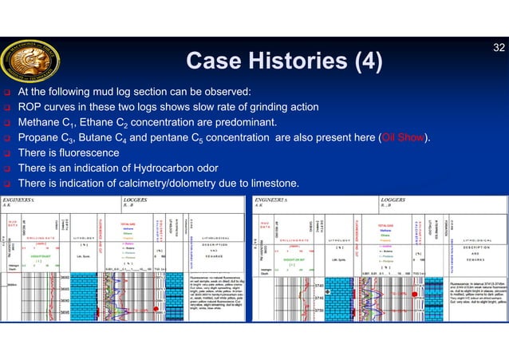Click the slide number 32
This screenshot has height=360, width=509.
498,48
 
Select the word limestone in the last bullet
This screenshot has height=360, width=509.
274,184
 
